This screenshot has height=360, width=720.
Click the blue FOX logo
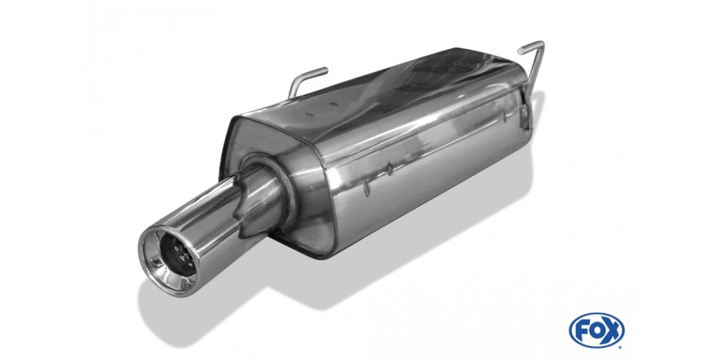[596, 331]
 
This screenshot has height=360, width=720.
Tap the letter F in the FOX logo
[582, 331]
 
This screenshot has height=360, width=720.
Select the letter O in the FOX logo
[596, 331]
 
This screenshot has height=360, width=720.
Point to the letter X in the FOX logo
[612, 331]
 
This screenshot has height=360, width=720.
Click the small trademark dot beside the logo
[621, 347]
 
